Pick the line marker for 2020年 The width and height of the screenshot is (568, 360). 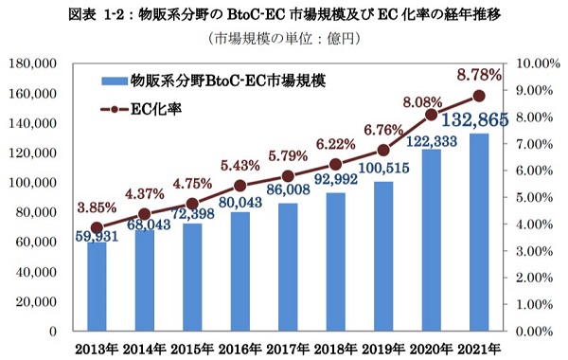click(431, 115)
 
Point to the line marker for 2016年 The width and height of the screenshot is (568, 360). click(240, 186)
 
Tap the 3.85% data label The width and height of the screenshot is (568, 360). click(97, 206)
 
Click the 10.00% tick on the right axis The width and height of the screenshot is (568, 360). click(537, 63)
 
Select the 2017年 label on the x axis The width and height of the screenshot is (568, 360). click(287, 346)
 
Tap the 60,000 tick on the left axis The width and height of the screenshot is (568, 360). click(37, 243)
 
